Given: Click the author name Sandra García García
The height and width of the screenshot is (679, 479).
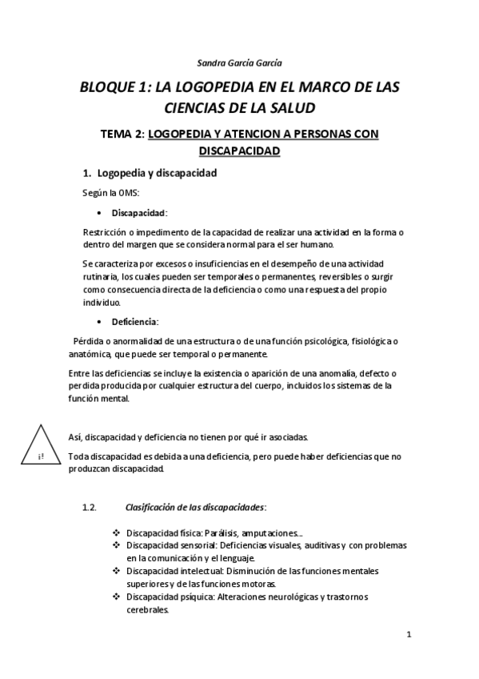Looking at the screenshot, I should coord(239,62).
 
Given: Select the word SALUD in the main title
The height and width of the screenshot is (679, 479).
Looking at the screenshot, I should coord(288,106).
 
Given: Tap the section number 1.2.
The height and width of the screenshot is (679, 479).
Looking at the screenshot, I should coord(90,507).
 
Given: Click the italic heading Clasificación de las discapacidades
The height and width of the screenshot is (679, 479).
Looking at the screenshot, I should coord(196,507).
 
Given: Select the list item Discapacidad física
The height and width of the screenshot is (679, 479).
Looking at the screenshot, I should coord(164,533).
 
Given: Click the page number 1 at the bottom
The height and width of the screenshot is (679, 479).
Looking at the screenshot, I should coord(408,636).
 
